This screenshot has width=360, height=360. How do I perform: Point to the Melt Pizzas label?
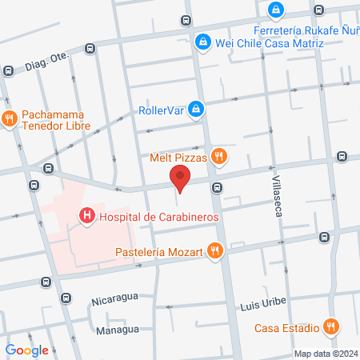[178, 158]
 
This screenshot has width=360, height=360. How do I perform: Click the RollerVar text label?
[162, 110]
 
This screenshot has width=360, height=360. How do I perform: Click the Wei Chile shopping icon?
[204, 42]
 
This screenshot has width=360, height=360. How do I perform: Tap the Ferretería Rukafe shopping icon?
[276, 10]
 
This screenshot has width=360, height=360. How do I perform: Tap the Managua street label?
[118, 330]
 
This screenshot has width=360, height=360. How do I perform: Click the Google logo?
[26, 350]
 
